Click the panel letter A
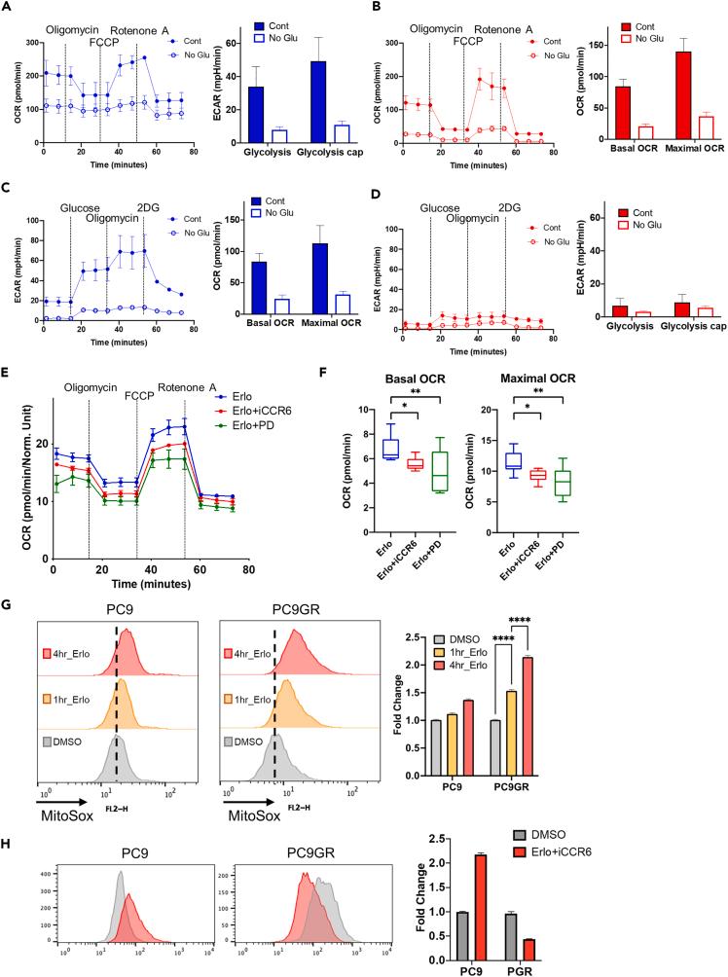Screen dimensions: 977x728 tap(8, 10)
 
